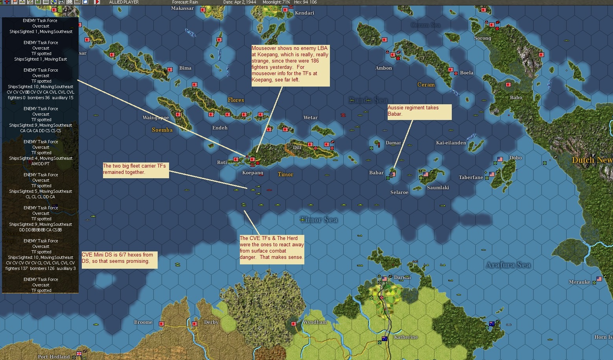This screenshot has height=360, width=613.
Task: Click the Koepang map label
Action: coord(252,173)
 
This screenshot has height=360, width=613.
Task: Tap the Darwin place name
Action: coord(402,277)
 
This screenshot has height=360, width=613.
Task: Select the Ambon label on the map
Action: coord(383,68)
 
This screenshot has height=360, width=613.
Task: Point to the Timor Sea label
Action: coord(319,220)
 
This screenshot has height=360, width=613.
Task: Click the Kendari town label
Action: coord(304,13)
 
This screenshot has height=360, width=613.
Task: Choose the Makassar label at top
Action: coord(182,8)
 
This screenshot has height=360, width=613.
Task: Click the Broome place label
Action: coord(143,322)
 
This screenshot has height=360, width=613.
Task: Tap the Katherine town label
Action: coord(406,337)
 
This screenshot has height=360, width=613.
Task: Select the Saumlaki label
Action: coord(438,188)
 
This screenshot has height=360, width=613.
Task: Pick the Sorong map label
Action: coord(482,38)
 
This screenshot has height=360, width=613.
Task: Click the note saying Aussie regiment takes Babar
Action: coord(419,112)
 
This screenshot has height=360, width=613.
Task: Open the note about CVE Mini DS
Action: coord(120,260)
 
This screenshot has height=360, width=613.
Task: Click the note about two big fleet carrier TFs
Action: coord(136,170)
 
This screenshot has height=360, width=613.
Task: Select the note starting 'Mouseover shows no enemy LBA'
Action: coord(290,65)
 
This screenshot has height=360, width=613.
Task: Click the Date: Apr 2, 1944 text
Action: coord(239,2)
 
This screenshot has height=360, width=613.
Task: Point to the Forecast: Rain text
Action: coord(185,2)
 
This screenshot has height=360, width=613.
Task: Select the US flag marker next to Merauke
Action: coord(599,279)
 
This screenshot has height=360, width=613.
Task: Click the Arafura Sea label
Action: coord(508,265)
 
